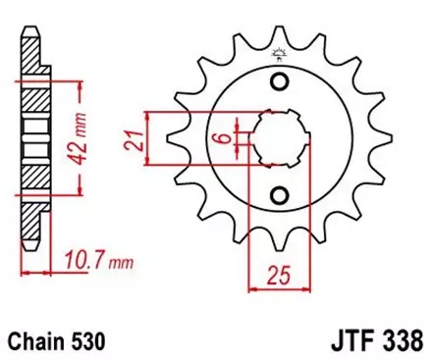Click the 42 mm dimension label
87,137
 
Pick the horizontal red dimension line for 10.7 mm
38,269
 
